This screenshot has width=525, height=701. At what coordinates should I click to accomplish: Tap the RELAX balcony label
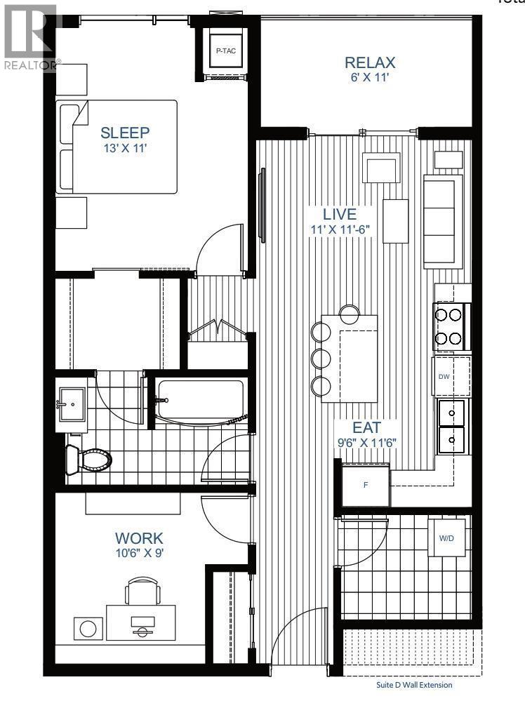366,62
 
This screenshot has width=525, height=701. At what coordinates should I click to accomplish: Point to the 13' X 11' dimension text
125,148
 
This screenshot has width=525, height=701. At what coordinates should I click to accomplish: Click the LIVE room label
340,215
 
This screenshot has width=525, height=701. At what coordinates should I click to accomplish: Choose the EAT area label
366,427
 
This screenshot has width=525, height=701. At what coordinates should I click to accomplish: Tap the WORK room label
139,538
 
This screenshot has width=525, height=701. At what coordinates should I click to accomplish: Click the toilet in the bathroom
88,460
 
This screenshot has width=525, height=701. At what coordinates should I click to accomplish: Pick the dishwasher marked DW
443,376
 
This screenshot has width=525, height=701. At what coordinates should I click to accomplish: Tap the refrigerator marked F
364,485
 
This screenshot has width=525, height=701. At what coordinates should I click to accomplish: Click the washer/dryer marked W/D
446,538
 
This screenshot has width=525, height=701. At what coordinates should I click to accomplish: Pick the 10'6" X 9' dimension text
139,553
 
